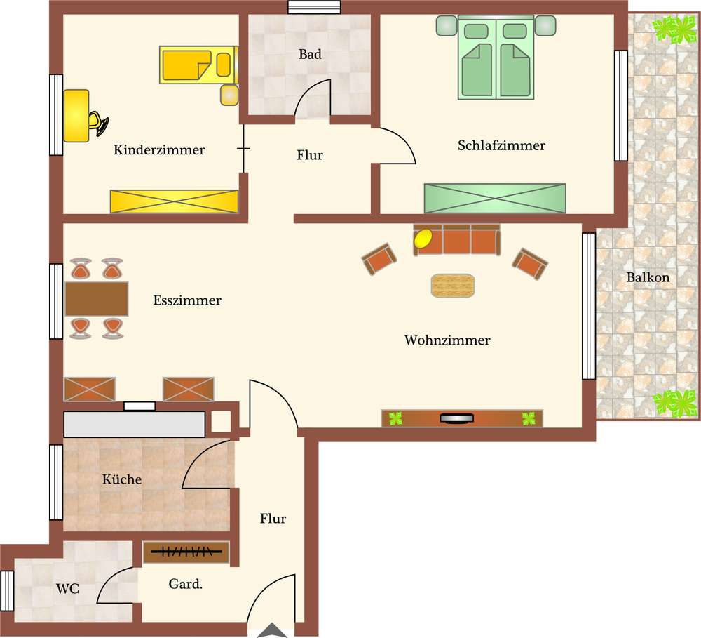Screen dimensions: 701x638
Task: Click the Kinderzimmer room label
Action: [159, 149]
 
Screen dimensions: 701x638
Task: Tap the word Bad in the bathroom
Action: [310, 54]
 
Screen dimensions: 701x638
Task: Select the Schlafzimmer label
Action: [501, 145]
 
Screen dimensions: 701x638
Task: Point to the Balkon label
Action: [648, 277]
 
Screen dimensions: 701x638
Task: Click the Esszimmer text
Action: [187, 300]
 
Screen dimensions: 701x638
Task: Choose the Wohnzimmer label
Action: [447, 340]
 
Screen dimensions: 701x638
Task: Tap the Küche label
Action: [121, 479]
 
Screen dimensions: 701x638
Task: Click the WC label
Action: [67, 589]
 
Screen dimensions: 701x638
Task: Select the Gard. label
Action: [186, 584]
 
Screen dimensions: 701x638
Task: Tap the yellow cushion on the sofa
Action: [423, 238]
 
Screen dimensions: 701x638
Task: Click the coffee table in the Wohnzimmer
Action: [453, 285]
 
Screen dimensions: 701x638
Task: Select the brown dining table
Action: [97, 298]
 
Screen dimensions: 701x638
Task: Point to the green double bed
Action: [496, 58]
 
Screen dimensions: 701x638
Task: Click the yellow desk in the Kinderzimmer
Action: [76, 116]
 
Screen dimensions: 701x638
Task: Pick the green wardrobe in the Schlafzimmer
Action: [495, 199]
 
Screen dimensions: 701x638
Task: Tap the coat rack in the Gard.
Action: [186, 552]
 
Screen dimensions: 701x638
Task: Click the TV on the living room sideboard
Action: [456, 418]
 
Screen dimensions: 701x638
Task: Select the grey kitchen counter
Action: [135, 424]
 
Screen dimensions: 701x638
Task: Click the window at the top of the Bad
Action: [314, 7]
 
